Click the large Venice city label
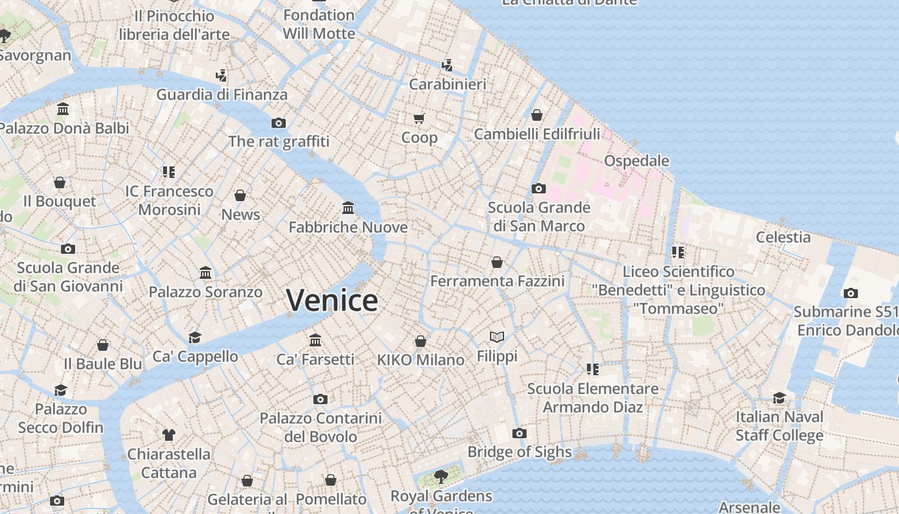[x=332, y=301]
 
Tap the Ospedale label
[x=636, y=161]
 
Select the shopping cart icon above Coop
[x=419, y=118]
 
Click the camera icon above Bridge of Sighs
[x=519, y=433]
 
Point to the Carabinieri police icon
[x=448, y=65]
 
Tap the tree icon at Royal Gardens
[x=441, y=476]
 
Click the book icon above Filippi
[x=496, y=336]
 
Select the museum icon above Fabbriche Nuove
[x=348, y=208]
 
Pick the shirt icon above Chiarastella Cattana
[x=169, y=435]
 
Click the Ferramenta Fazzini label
[x=497, y=281]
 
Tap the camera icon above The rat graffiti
[x=279, y=123]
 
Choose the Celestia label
[x=783, y=237]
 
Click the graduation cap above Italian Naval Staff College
[x=779, y=398]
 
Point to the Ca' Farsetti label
[x=315, y=360]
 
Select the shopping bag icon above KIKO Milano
[x=421, y=341]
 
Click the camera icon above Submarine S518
[x=850, y=293]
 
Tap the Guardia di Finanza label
[x=222, y=94]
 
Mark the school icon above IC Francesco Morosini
[x=169, y=172]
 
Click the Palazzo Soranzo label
[x=205, y=292]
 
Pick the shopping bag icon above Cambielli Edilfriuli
[x=537, y=115]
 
